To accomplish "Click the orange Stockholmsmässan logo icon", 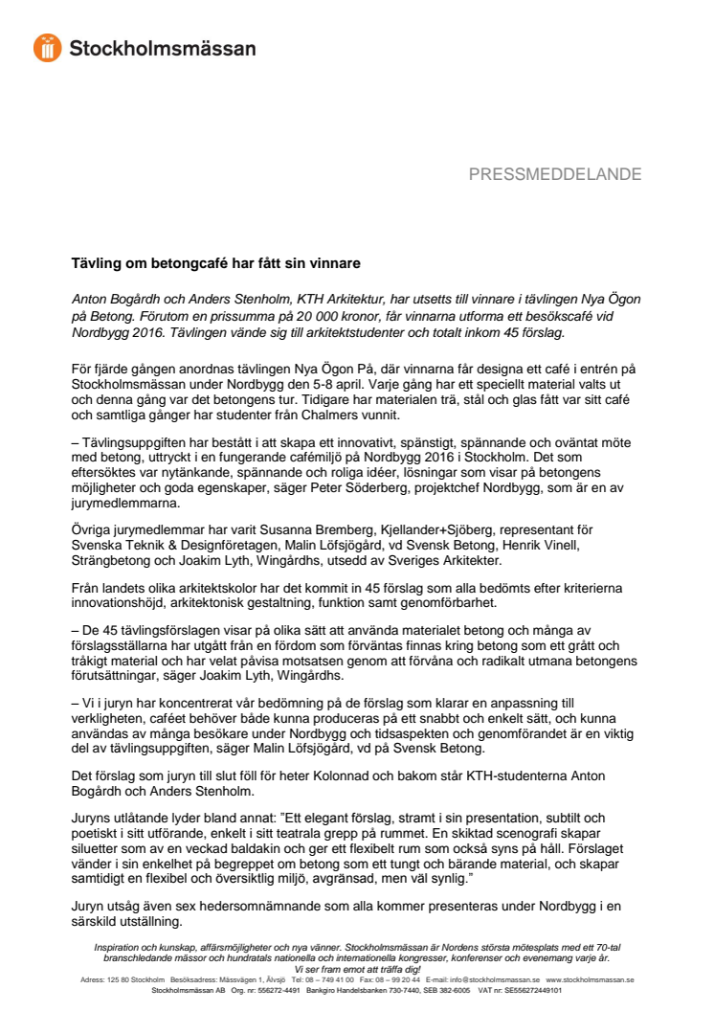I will coord(48,48).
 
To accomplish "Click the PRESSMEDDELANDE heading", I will coord(554,174).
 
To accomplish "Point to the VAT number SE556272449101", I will coord(530,990).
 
